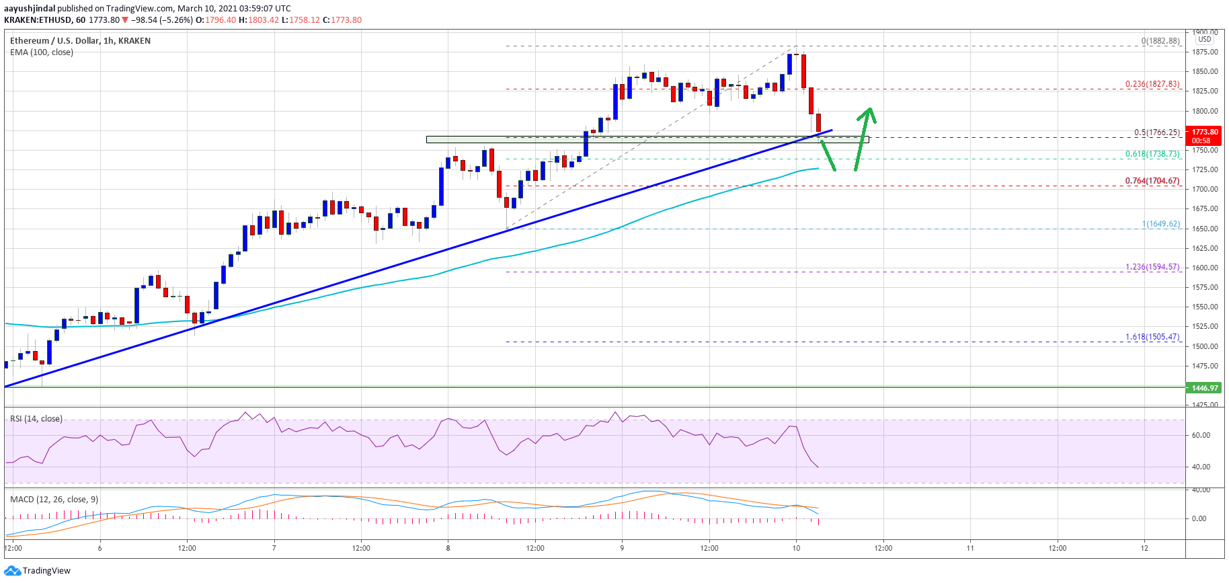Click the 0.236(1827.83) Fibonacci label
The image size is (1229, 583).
coord(1152,84)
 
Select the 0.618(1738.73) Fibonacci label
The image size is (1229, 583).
coord(1152,154)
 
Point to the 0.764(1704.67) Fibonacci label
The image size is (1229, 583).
coord(1152,181)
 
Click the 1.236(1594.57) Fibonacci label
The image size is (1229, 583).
coord(1152,267)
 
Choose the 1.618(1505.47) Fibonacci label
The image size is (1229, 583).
coord(1152,337)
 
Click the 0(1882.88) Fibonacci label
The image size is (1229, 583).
coord(1160,41)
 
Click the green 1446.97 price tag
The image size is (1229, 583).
coord(1205,388)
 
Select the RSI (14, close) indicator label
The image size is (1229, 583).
coord(36,419)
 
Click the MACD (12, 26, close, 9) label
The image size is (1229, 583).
coord(54,499)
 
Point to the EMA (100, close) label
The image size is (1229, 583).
coord(42,52)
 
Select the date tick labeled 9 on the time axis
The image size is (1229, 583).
coord(622,548)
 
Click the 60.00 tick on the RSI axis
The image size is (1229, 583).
coord(1201,435)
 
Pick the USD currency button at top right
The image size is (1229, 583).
coord(1204,39)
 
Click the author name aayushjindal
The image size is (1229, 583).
coord(30,9)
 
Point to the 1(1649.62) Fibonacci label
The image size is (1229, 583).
coord(1160,224)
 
